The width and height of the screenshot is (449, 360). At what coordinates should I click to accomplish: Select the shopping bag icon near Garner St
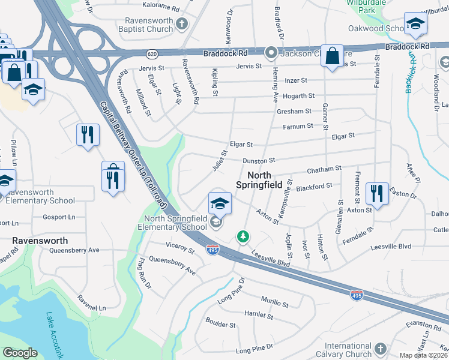[x=331, y=56]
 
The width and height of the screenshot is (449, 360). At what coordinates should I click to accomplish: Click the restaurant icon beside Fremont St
[x=377, y=194]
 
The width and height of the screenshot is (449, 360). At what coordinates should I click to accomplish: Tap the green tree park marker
[x=243, y=236]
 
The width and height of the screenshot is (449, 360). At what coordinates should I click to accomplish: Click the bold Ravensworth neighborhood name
[x=40, y=241]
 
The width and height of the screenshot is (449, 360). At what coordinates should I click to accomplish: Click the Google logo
[x=20, y=353]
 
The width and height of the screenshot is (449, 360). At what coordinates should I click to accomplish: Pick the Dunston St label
[x=259, y=161]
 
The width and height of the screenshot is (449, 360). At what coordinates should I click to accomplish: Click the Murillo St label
[x=275, y=299]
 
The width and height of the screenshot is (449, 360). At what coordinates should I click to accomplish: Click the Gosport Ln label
[x=59, y=217]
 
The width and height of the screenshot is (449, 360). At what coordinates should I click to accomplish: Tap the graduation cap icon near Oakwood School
[x=414, y=24]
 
